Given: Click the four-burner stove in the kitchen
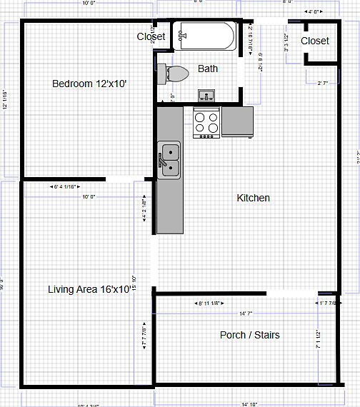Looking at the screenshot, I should tap(207, 122).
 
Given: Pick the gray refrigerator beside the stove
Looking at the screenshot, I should tap(237, 121).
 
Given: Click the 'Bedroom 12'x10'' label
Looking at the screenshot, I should tap(89, 84).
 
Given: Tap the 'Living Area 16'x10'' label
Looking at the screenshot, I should tap(89, 289).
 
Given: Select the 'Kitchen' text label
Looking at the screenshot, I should tap(254, 198).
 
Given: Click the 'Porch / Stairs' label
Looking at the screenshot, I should tap(249, 335).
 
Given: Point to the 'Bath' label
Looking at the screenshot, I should tap(208, 69).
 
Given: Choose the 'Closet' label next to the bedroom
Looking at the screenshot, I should tap(151, 36).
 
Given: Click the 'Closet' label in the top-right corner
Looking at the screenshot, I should tap(315, 41).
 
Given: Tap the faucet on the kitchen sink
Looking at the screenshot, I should tap(162, 164).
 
